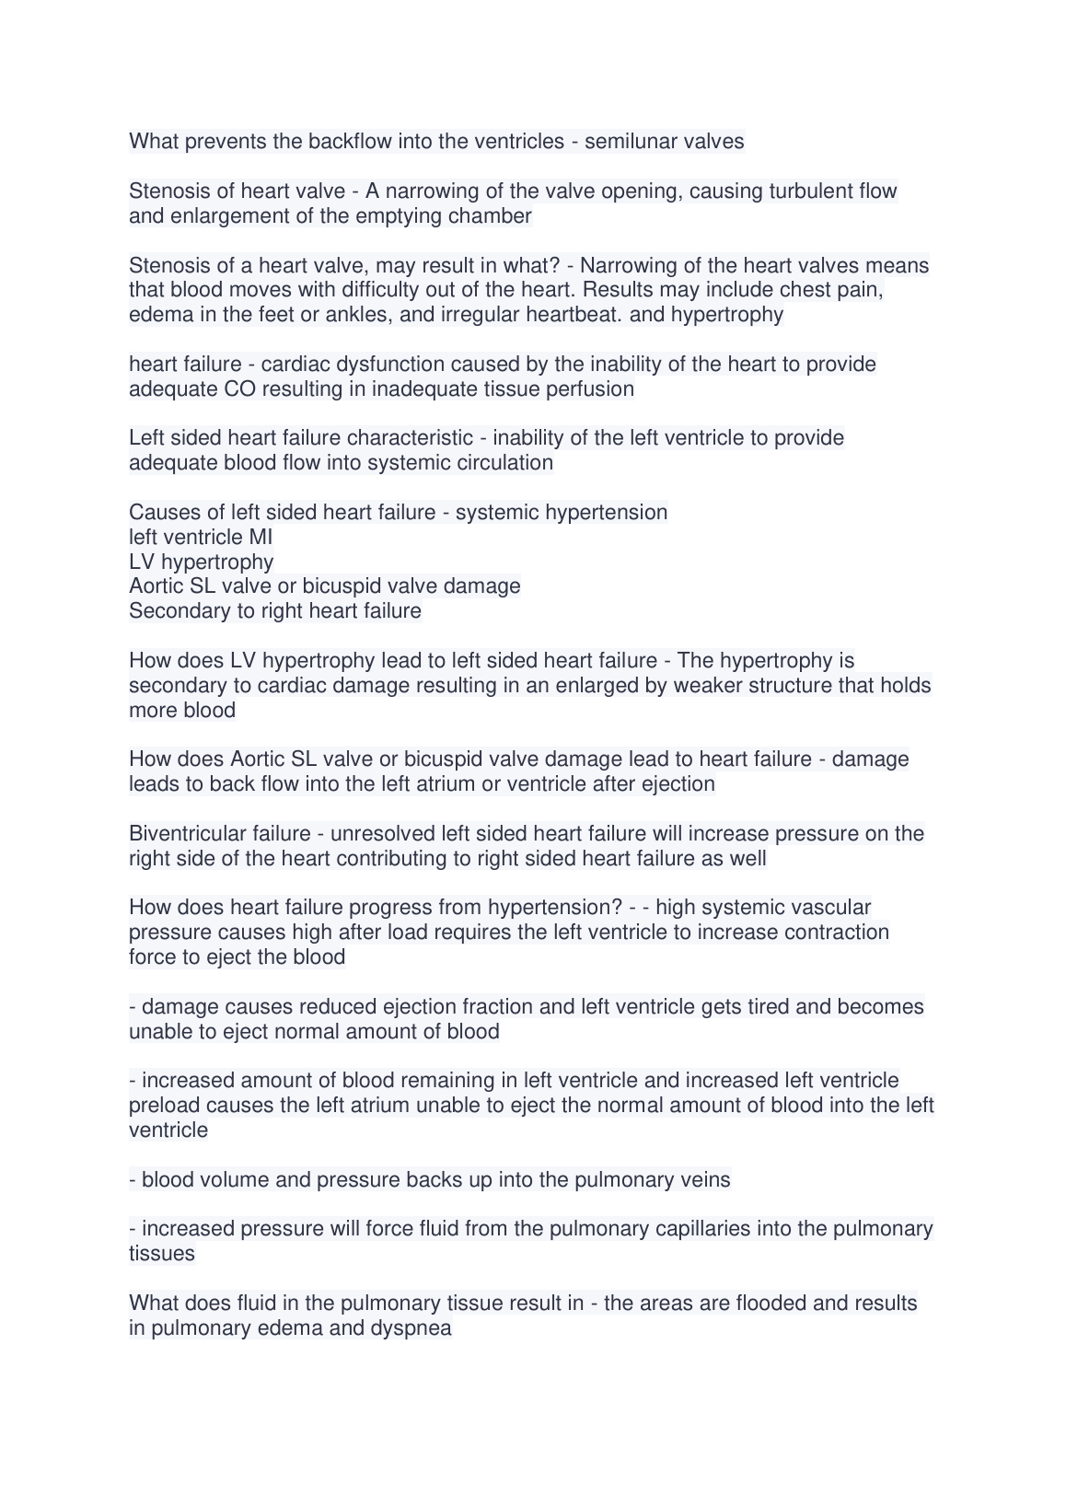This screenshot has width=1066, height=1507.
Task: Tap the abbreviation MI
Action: (x=261, y=537)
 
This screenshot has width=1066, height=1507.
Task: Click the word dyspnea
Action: (x=411, y=1328)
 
